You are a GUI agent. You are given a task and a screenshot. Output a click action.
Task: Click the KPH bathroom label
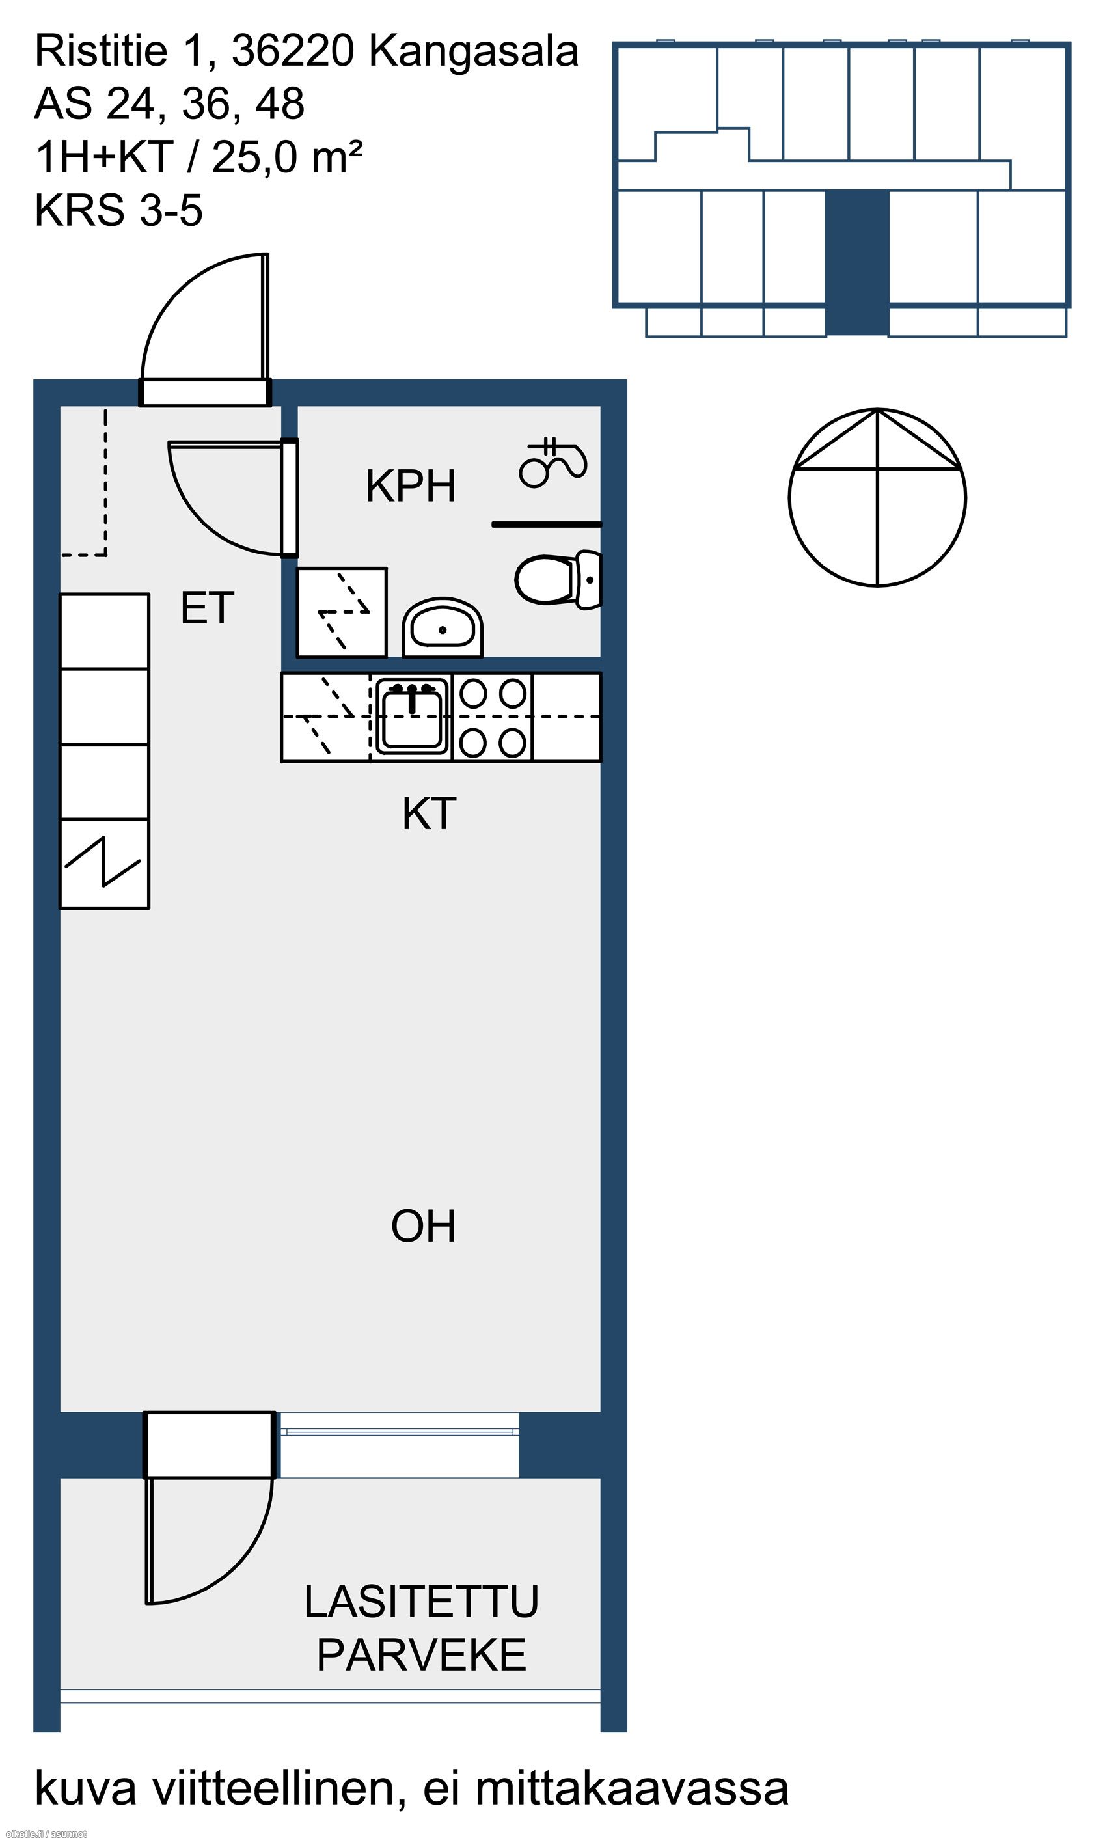(410, 486)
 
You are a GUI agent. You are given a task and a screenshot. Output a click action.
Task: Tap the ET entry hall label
(208, 608)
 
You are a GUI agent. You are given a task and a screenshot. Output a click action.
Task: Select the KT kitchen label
(429, 813)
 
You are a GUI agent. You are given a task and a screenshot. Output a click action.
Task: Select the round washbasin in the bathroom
(443, 627)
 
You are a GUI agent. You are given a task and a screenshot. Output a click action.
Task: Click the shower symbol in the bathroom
(552, 461)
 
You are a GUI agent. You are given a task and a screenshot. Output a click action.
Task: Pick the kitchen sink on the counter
(412, 717)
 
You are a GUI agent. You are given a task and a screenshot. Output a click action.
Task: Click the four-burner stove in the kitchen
(492, 718)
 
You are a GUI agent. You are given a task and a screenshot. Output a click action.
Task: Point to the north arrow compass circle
(877, 497)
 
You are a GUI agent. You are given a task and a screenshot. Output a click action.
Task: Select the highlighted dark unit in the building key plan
(857, 263)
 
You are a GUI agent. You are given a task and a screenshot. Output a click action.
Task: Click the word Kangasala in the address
(474, 51)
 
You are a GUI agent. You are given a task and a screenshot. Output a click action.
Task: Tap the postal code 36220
(293, 51)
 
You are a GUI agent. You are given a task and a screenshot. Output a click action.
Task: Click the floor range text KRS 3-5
(118, 210)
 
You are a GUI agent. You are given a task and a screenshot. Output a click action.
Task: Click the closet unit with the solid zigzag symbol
(104, 864)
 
